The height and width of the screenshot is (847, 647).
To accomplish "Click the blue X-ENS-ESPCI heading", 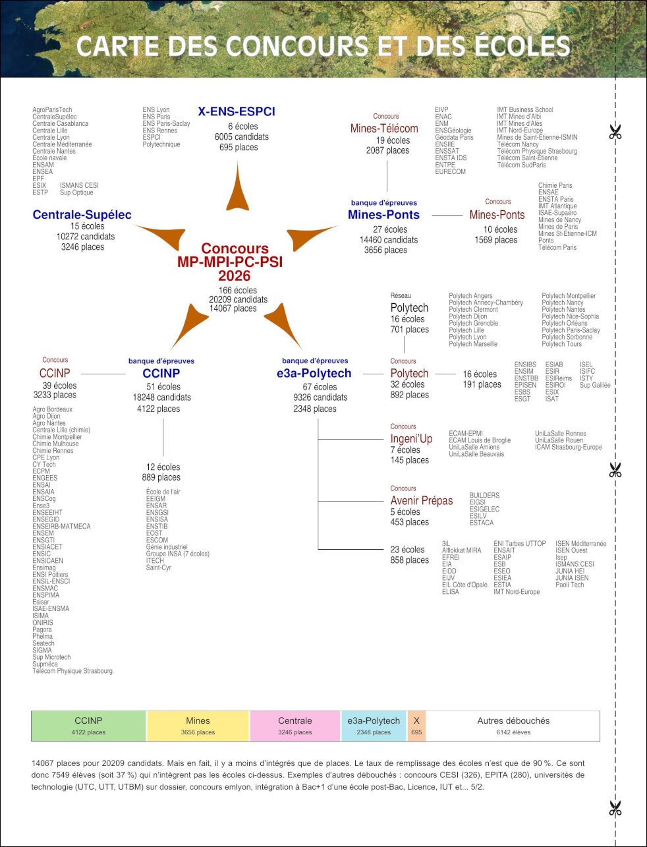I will [237, 111].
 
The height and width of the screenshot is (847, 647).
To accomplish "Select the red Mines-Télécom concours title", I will [384, 129].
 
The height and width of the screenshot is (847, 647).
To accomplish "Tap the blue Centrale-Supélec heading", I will [82, 215].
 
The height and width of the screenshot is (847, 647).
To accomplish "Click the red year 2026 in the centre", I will [235, 276].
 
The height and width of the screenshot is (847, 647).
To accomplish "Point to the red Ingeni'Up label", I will [411, 438].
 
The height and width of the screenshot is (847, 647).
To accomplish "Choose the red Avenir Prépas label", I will [422, 500].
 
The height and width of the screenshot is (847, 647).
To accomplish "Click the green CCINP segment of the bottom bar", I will [88, 726].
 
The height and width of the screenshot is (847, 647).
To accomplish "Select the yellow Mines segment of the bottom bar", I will [198, 726].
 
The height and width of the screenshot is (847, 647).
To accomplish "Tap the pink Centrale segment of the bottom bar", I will [295, 726].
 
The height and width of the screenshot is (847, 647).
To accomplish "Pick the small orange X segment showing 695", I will [416, 726].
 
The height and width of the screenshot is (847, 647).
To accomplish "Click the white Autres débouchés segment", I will [513, 726].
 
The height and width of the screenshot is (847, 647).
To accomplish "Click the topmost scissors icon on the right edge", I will [615, 132].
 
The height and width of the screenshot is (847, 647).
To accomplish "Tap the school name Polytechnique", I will [161, 144].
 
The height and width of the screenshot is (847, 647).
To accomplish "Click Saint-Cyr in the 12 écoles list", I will [159, 568].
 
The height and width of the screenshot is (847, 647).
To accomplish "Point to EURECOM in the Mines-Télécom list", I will [450, 171].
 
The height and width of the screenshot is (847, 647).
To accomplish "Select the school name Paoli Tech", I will [570, 585].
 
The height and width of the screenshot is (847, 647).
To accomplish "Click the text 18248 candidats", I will [162, 397].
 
